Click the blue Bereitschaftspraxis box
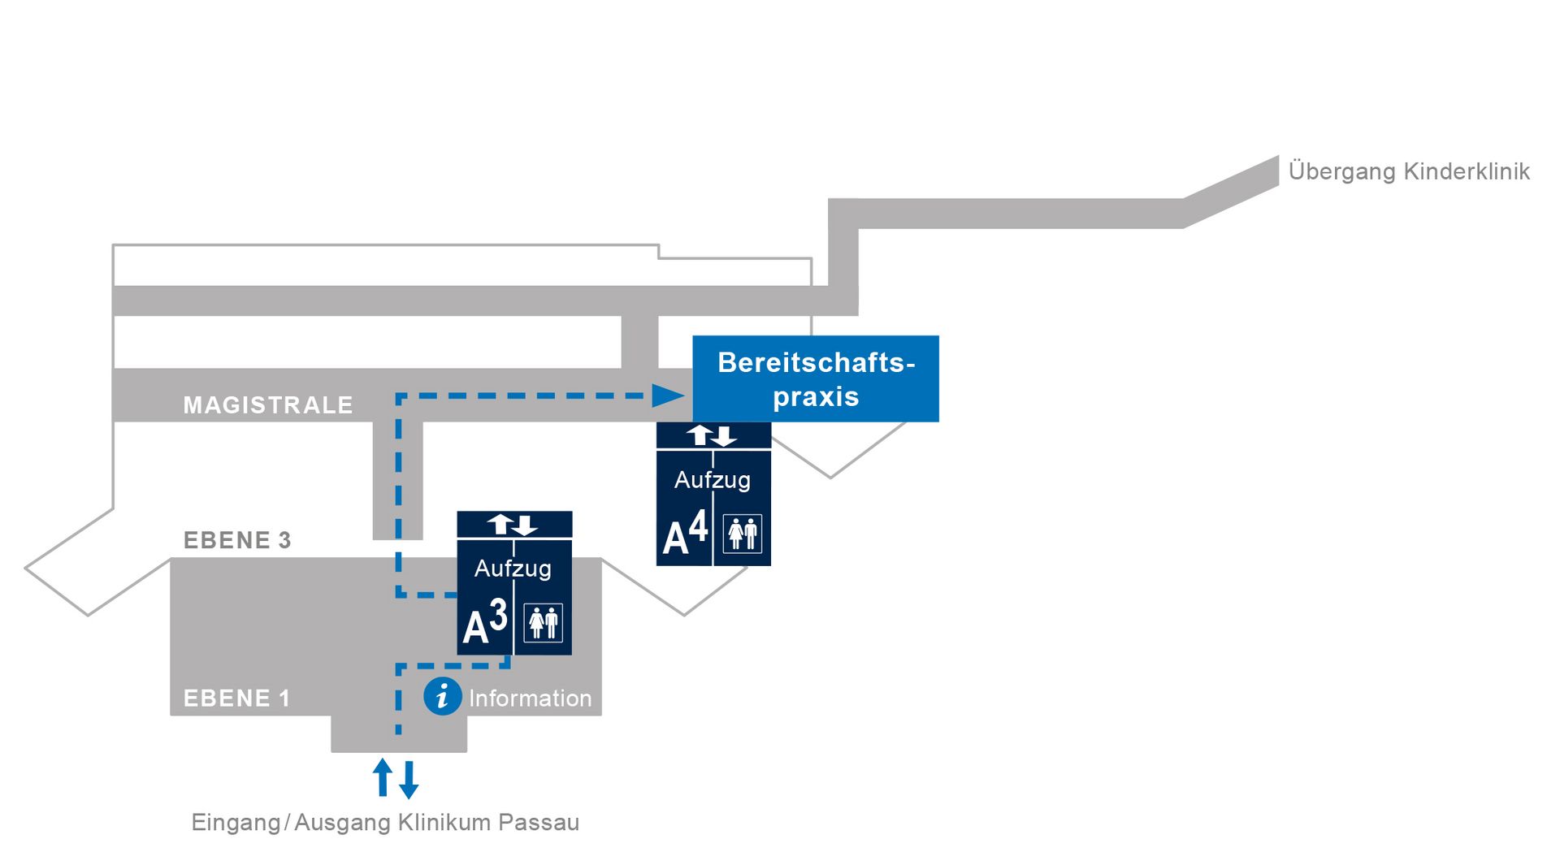pyautogui.click(x=815, y=378)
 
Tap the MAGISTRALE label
pyautogui.click(x=268, y=404)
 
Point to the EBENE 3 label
pyautogui.click(x=237, y=540)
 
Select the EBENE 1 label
pyautogui.click(x=236, y=698)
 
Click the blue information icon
pyautogui.click(x=443, y=696)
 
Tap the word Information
pyautogui.click(x=530, y=698)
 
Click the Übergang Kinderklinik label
pyautogui.click(x=1409, y=171)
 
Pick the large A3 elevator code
pyautogui.click(x=485, y=623)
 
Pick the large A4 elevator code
pyautogui.click(x=685, y=534)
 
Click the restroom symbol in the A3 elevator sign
pyautogui.click(x=544, y=623)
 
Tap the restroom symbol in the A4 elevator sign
pyautogui.click(x=743, y=534)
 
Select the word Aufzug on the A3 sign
pyautogui.click(x=513, y=569)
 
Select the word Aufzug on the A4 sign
pyautogui.click(x=713, y=480)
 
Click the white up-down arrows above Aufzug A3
pyautogui.click(x=513, y=525)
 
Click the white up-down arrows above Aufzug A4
pyautogui.click(x=713, y=435)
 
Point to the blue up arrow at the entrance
pyautogui.click(x=382, y=777)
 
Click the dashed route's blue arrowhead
pyautogui.click(x=669, y=396)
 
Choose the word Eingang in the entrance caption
pyautogui.click(x=236, y=823)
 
